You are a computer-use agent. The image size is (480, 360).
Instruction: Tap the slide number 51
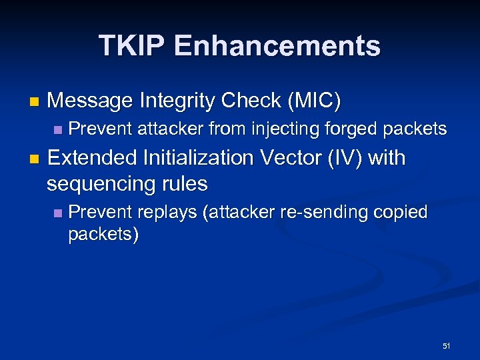coord(446,346)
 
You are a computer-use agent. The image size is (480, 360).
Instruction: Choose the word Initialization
coord(198,158)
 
